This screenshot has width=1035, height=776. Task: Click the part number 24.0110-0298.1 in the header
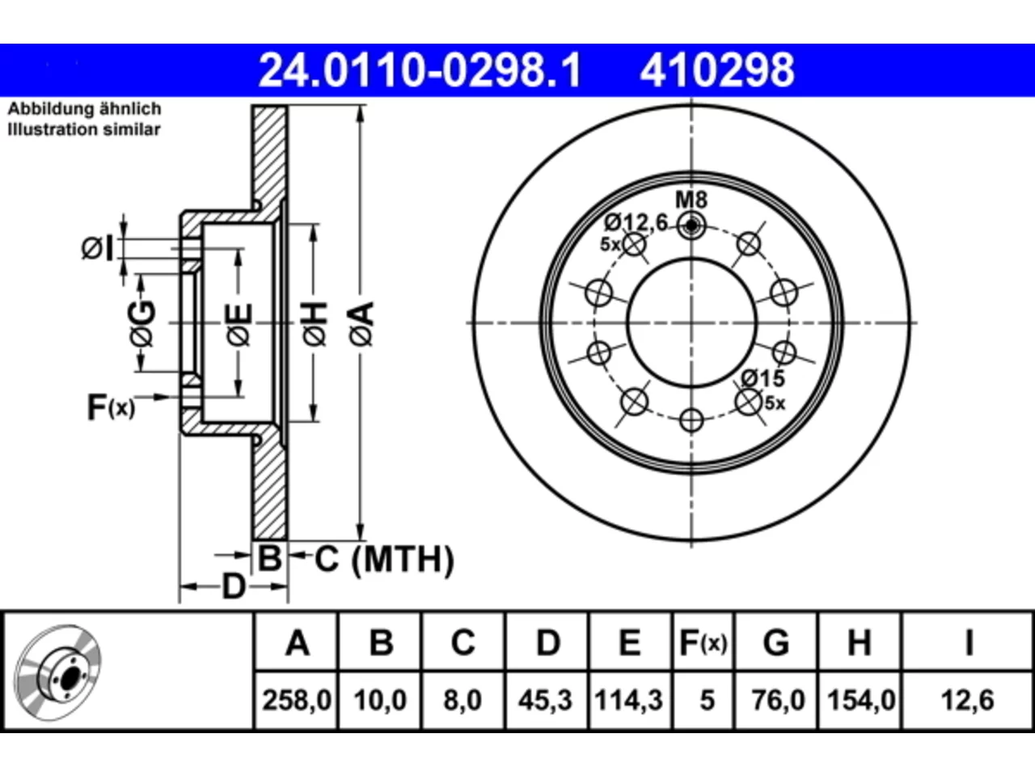[420, 70]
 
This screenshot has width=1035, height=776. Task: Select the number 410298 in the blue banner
[717, 70]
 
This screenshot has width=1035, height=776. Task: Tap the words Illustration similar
[84, 129]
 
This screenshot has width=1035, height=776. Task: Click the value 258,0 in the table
[297, 700]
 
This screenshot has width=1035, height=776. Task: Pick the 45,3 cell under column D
[545, 700]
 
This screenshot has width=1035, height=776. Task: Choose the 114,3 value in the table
[629, 700]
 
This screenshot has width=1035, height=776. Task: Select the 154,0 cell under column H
[861, 700]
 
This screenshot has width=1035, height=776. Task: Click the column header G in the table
[776, 643]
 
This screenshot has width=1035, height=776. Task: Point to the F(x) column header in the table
[703, 643]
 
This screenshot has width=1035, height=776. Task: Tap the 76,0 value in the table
[778, 700]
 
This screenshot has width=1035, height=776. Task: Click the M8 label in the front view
[691, 200]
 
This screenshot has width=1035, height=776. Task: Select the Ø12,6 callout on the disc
[636, 222]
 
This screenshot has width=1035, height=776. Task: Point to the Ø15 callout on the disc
[763, 378]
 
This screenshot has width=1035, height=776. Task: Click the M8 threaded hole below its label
[691, 226]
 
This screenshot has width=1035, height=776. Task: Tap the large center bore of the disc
[691, 323]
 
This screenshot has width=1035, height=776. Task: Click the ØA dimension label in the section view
[361, 323]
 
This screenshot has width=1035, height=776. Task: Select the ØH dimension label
[315, 323]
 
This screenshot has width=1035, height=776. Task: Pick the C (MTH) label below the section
[384, 559]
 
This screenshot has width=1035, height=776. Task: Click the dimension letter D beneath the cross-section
[234, 587]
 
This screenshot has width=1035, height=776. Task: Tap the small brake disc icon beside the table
[58, 673]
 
